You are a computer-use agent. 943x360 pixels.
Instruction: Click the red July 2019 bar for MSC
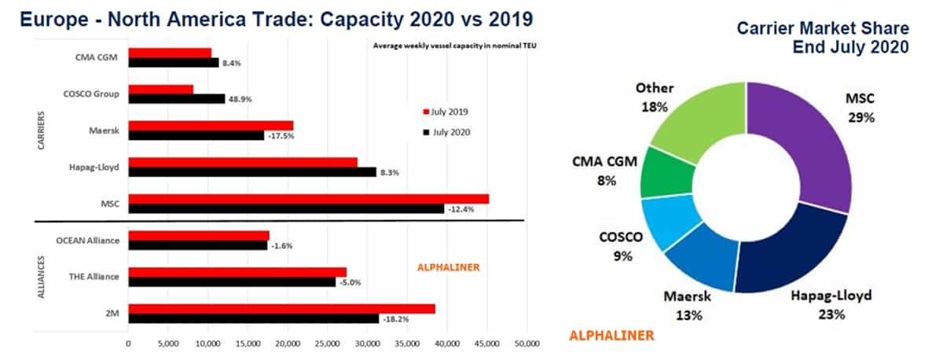coord(309,199)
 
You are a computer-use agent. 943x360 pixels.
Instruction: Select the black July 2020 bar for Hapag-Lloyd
coord(252,172)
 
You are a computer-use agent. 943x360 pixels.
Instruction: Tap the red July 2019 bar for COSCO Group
coord(161,90)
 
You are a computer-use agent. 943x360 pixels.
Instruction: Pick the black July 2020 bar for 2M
coord(253,318)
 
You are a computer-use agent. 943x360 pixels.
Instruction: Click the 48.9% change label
coord(240,99)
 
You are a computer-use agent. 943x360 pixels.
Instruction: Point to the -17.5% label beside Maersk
coord(281,136)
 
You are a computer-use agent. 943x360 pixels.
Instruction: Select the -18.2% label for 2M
coord(396,319)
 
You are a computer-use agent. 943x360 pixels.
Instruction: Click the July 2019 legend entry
coord(446,112)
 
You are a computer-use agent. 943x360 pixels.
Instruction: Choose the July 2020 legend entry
coord(446,132)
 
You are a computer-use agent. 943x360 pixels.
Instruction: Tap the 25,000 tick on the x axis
coord(327,343)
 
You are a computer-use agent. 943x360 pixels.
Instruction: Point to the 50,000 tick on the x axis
coord(527,343)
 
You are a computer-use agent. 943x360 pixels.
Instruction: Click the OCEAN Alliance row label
coord(87,241)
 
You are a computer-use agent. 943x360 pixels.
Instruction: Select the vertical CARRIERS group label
coord(41,130)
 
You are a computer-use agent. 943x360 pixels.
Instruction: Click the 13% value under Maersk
coord(689,315)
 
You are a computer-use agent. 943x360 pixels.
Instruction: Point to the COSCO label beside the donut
coord(621,237)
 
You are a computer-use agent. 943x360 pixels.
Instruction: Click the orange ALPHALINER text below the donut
coord(611,336)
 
